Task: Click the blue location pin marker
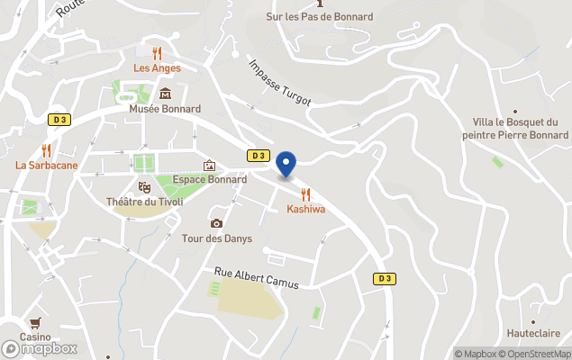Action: [286, 165]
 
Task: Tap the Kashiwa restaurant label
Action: [305, 210]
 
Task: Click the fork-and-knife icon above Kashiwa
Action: [305, 193]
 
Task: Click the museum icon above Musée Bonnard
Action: [166, 93]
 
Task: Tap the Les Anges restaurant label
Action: [157, 68]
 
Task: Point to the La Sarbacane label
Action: [46, 166]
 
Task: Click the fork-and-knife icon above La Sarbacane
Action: [46, 150]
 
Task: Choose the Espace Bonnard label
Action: [210, 179]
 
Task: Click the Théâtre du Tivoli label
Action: [144, 202]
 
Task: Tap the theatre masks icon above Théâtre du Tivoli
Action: [144, 186]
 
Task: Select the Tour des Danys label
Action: [217, 238]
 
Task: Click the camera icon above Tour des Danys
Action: [216, 223]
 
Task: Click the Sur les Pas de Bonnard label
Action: [320, 16]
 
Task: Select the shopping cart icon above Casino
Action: [35, 322]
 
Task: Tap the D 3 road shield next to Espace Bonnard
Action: [259, 156]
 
